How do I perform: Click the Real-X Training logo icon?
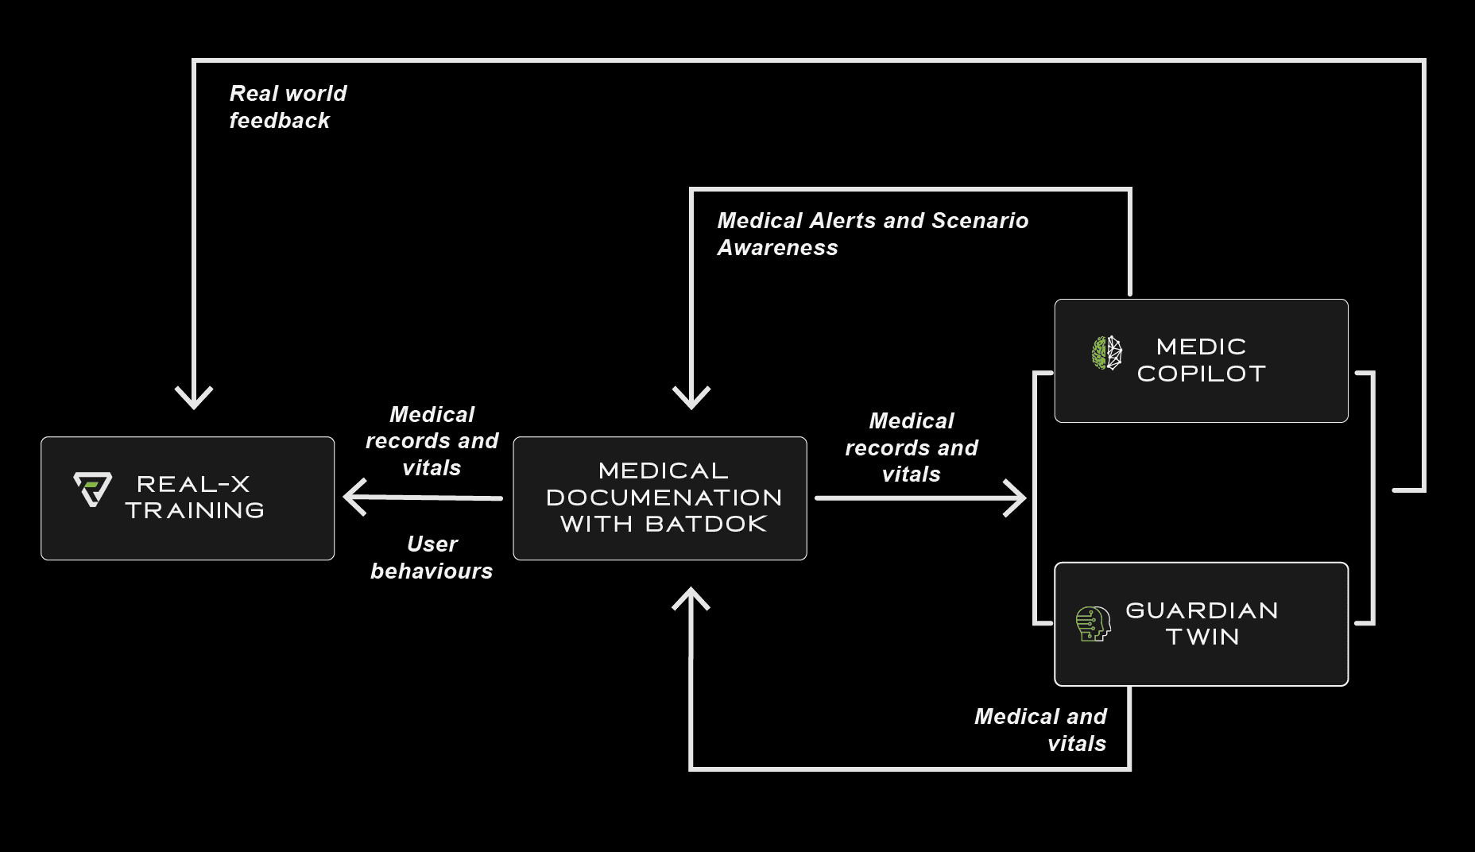[x=92, y=488]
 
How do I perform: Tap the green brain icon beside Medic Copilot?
[x=1106, y=352]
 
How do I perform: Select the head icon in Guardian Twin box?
[x=1093, y=623]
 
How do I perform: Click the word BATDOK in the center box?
[x=706, y=524]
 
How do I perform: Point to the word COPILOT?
[x=1201, y=374]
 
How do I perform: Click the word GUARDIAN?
[x=1202, y=610]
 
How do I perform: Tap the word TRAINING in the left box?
[x=195, y=510]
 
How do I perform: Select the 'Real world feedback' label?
[x=288, y=106]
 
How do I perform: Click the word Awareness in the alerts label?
[x=777, y=248]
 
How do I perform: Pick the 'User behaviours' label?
[x=432, y=557]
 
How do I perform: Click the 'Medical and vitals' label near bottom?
[x=1041, y=730]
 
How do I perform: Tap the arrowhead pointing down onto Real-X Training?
[x=194, y=397]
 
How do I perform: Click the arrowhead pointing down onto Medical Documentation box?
[x=691, y=397]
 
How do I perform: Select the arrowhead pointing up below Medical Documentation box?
[x=691, y=598]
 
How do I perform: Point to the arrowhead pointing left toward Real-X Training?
[x=354, y=498]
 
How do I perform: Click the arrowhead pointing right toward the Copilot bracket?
[x=1016, y=498]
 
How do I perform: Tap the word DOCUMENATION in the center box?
[x=664, y=498]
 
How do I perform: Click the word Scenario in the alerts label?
[x=979, y=221]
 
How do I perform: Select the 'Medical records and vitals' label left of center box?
[x=432, y=441]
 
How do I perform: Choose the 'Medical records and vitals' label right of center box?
[x=912, y=447]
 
